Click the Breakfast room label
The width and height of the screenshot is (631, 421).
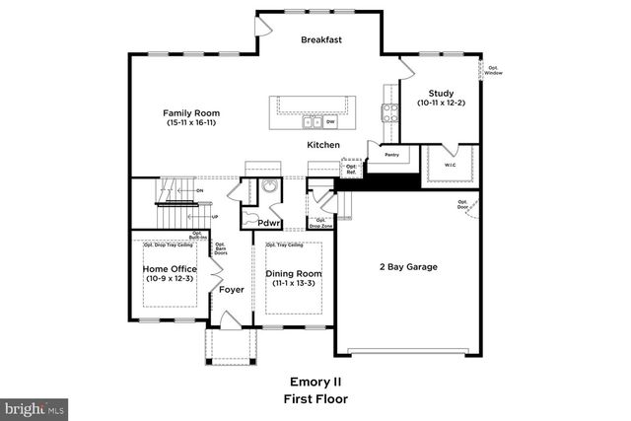pos(321,39)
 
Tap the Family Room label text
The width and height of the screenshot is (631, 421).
pos(189,113)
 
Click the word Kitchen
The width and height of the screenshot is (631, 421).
pos(322,145)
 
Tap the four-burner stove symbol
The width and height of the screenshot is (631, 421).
pos(388,111)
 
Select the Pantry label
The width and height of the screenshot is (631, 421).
pos(391,154)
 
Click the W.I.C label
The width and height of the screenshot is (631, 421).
pos(450,165)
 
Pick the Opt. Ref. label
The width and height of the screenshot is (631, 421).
pos(351,170)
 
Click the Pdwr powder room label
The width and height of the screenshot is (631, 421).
pos(269,223)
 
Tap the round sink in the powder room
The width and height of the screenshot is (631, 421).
pos(267,189)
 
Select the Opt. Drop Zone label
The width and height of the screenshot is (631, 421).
pos(320,223)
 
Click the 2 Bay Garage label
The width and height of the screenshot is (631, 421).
pos(408,267)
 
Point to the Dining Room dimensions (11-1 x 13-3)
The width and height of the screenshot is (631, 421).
pos(294,284)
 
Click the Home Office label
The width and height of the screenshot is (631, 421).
pos(170,269)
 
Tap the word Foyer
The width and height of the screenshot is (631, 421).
pos(232,290)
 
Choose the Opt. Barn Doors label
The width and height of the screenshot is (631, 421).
pos(220,249)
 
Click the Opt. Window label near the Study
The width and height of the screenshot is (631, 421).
pos(494,71)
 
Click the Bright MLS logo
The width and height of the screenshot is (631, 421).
pos(35,407)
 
